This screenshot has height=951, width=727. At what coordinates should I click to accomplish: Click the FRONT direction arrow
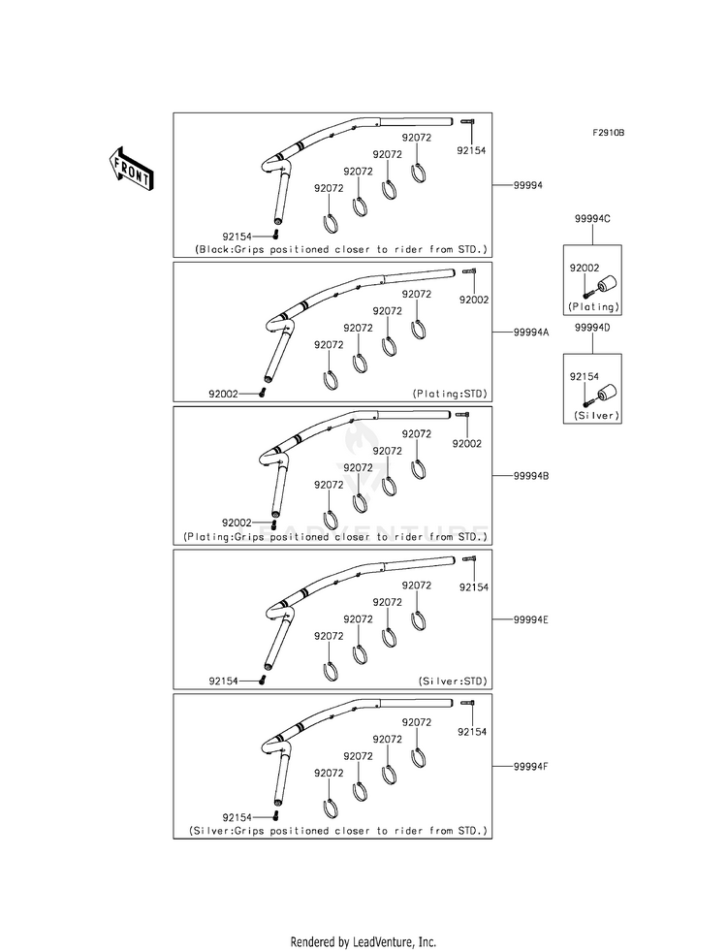[129, 170]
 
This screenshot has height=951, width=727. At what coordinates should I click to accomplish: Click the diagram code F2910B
[608, 133]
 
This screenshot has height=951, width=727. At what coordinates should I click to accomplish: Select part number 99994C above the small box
[592, 219]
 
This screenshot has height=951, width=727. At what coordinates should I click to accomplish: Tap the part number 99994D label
[592, 328]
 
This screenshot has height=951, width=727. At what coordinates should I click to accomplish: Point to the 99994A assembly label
[531, 333]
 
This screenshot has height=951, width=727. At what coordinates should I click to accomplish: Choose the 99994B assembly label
[531, 476]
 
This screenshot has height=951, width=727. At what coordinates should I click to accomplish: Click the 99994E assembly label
[531, 619]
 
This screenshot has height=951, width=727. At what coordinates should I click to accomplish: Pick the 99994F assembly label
[531, 766]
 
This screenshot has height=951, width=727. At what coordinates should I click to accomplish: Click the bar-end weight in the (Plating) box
[607, 284]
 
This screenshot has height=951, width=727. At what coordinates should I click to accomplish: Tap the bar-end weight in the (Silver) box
[607, 393]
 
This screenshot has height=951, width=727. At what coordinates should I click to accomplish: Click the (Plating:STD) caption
[450, 394]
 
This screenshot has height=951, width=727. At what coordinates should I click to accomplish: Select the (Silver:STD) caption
[453, 682]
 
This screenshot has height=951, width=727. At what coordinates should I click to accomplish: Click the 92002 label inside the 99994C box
[584, 269]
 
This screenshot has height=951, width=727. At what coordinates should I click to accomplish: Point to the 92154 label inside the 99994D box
[584, 377]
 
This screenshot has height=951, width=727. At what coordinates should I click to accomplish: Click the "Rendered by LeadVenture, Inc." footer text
[363, 942]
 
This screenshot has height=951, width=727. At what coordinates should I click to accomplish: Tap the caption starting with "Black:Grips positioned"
[341, 249]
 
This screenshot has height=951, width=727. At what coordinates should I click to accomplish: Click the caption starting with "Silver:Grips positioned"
[338, 831]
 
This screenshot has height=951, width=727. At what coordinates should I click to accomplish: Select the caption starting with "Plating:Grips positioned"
[335, 537]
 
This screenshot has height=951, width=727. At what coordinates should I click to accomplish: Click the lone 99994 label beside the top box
[528, 185]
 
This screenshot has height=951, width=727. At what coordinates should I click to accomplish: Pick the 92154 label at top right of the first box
[471, 150]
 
